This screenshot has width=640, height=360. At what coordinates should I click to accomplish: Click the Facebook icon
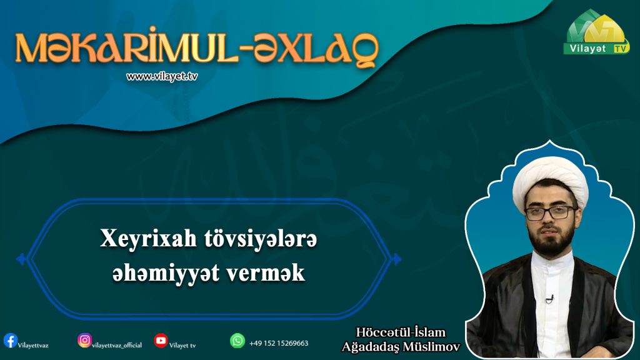point(10,341)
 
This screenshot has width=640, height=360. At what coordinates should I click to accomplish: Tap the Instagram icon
point(84,340)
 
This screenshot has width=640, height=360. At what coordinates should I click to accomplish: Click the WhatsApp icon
point(237,341)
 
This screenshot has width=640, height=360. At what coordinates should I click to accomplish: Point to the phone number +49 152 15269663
point(279,343)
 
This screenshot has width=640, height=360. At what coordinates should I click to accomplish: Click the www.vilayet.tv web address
point(162,76)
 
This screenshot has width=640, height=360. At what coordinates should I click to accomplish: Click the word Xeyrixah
point(148,239)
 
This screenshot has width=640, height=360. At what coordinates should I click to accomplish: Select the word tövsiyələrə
point(261,239)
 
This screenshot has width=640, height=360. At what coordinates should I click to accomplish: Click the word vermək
point(266,273)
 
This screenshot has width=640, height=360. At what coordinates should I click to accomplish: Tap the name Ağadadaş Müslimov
point(401,347)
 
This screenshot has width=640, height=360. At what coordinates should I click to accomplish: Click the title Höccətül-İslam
point(401,332)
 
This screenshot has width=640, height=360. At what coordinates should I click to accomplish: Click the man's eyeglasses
point(551,213)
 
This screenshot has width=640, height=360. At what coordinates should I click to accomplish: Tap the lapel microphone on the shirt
point(550,299)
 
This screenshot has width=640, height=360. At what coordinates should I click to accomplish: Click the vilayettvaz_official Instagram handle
point(117,345)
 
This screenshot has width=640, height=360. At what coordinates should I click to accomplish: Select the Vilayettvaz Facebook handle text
point(33,346)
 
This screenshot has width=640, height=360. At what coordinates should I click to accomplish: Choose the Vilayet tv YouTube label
point(182,346)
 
